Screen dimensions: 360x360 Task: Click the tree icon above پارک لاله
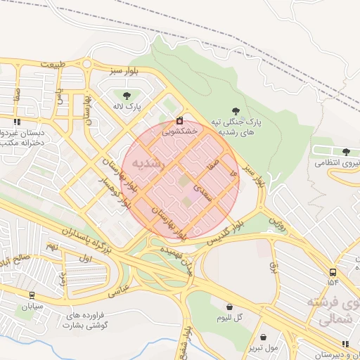(127, 96)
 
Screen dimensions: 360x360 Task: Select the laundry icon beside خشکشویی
(180, 120)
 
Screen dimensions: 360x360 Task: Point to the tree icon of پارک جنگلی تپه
(235, 111)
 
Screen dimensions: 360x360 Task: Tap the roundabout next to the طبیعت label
(86, 65)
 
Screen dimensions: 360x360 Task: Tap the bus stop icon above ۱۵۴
(332, 271)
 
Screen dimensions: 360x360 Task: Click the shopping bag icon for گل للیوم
(230, 307)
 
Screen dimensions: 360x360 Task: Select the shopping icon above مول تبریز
(264, 337)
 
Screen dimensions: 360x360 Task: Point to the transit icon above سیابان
(32, 295)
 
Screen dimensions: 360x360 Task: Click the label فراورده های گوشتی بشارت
(85, 321)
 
